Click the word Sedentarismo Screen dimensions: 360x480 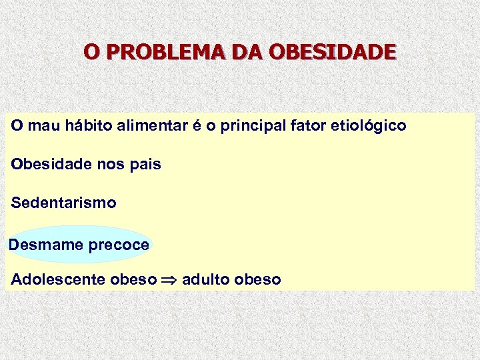point(63,203)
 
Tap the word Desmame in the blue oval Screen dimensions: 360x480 point(45,245)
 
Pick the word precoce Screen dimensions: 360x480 point(119,245)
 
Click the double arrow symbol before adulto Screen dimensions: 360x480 point(168,280)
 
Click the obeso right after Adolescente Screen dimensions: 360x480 point(133,279)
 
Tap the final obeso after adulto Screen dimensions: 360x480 point(258,279)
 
